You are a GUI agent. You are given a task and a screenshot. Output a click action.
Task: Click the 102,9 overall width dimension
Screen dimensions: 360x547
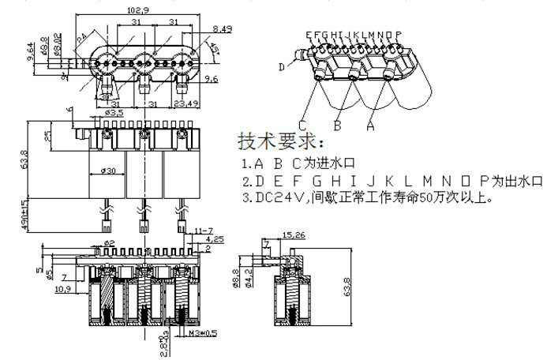click(x=137, y=10)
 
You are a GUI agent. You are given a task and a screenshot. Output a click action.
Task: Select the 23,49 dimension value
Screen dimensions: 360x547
click(x=186, y=103)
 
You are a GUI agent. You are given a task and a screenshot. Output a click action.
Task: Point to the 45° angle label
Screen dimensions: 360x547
click(x=214, y=47)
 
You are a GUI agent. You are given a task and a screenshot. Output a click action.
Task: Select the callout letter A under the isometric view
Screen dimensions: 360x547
click(x=370, y=125)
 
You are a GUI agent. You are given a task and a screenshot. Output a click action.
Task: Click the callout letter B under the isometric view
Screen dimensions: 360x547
click(x=337, y=125)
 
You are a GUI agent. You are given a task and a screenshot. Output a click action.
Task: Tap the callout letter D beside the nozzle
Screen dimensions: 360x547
click(x=282, y=68)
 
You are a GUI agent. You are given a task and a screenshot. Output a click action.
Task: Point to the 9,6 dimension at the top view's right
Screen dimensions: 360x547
click(x=212, y=80)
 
